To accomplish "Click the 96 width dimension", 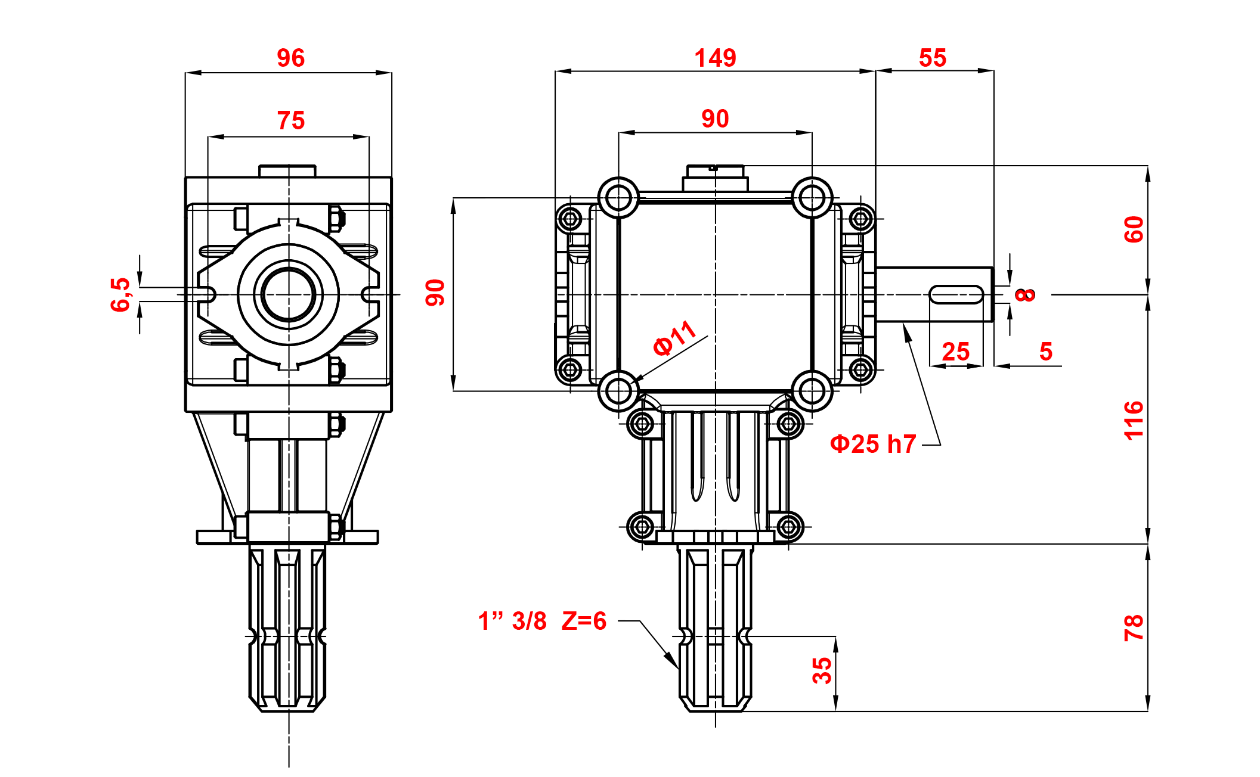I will (x=290, y=58).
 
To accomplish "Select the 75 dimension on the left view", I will (x=290, y=121).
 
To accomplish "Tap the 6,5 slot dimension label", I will (x=120, y=294).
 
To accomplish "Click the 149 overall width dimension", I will (x=715, y=58).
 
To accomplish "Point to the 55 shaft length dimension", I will (x=933, y=58).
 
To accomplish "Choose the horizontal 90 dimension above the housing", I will (x=715, y=119).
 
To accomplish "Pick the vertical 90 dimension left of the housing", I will (x=435, y=293).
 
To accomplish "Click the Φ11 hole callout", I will (x=674, y=338).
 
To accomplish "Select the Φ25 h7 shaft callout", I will (x=873, y=445).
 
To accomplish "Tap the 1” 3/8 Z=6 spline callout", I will (x=542, y=621).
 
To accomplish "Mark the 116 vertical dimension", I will (x=1134, y=420).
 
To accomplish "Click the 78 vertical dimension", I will (x=1134, y=627).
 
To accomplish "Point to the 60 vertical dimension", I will (x=1134, y=229).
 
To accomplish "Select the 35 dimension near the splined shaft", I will (x=822, y=670).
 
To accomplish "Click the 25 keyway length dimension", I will (x=955, y=352).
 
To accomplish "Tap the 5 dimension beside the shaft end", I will (x=1046, y=352).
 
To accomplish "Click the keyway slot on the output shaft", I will (x=956, y=294).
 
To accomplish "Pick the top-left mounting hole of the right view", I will (x=618, y=197).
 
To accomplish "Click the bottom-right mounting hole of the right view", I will (x=812, y=391).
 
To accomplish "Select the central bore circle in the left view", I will (x=289, y=294).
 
